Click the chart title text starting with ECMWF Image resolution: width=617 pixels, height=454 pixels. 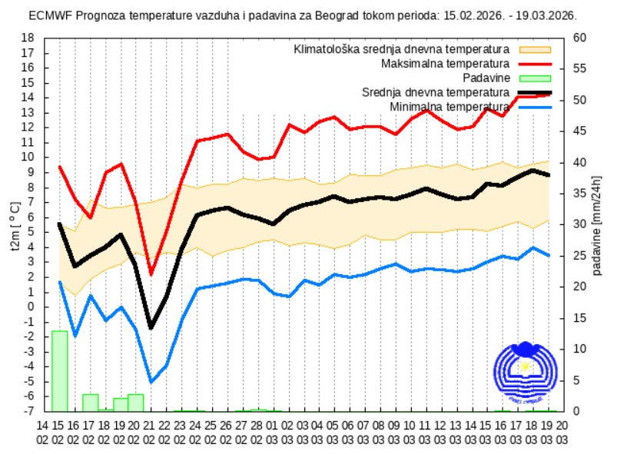pos(304,15)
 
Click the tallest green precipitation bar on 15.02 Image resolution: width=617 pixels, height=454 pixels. pos(59,371)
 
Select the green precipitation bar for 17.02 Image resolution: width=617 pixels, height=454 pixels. pos(90,402)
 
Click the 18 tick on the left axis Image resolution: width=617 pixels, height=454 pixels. pos(28,38)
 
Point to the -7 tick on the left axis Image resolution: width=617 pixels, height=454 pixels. pos(28,411)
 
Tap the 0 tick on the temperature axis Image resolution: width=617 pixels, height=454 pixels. pos(31,307)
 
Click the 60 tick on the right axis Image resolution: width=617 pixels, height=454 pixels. pos(580,38)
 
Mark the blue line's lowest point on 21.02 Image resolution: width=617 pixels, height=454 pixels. pos(151,382)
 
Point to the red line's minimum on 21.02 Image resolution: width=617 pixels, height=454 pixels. pos(151,274)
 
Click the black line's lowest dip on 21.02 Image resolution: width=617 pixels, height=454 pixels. pos(151,328)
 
